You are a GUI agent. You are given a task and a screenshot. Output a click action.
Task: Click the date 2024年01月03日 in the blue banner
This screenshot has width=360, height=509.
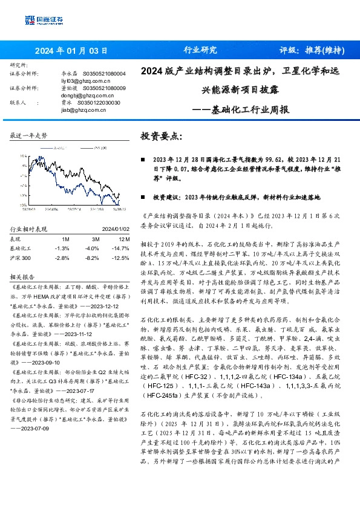pyautogui.click(x=71, y=50)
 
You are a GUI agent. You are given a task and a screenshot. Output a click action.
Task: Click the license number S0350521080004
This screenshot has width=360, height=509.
pyautogui.click(x=104, y=73)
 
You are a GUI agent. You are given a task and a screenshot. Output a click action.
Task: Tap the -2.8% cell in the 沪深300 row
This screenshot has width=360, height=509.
pyautogui.click(x=62, y=258)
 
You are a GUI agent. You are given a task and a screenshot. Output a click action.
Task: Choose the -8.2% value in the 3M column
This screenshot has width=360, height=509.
pyautogui.click(x=91, y=258)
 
